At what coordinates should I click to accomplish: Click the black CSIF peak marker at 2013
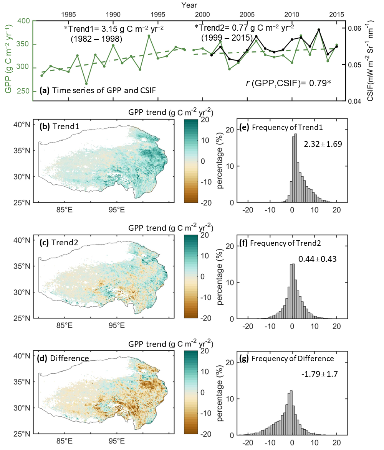[x=319, y=30]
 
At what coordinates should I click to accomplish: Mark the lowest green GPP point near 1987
[x=86, y=84]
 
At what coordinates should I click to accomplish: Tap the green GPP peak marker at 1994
[x=149, y=36]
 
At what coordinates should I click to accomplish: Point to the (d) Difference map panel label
[x=65, y=359]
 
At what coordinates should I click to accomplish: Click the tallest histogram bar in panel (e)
[x=295, y=168]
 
